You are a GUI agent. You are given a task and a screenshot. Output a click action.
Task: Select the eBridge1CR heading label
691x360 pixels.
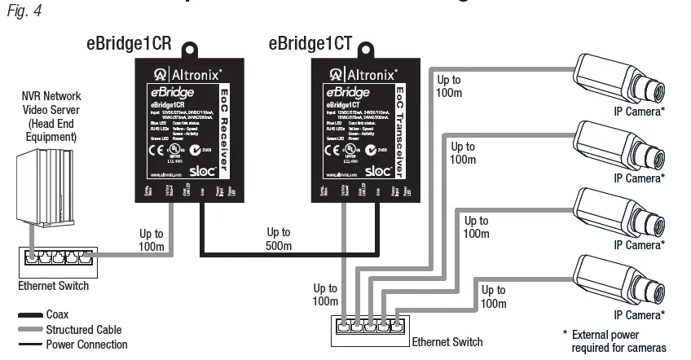coord(128,45)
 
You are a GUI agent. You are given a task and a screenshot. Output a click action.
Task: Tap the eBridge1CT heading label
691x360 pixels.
coord(310,45)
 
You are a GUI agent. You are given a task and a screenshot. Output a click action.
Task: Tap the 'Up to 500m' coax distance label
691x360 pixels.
coord(279,239)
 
